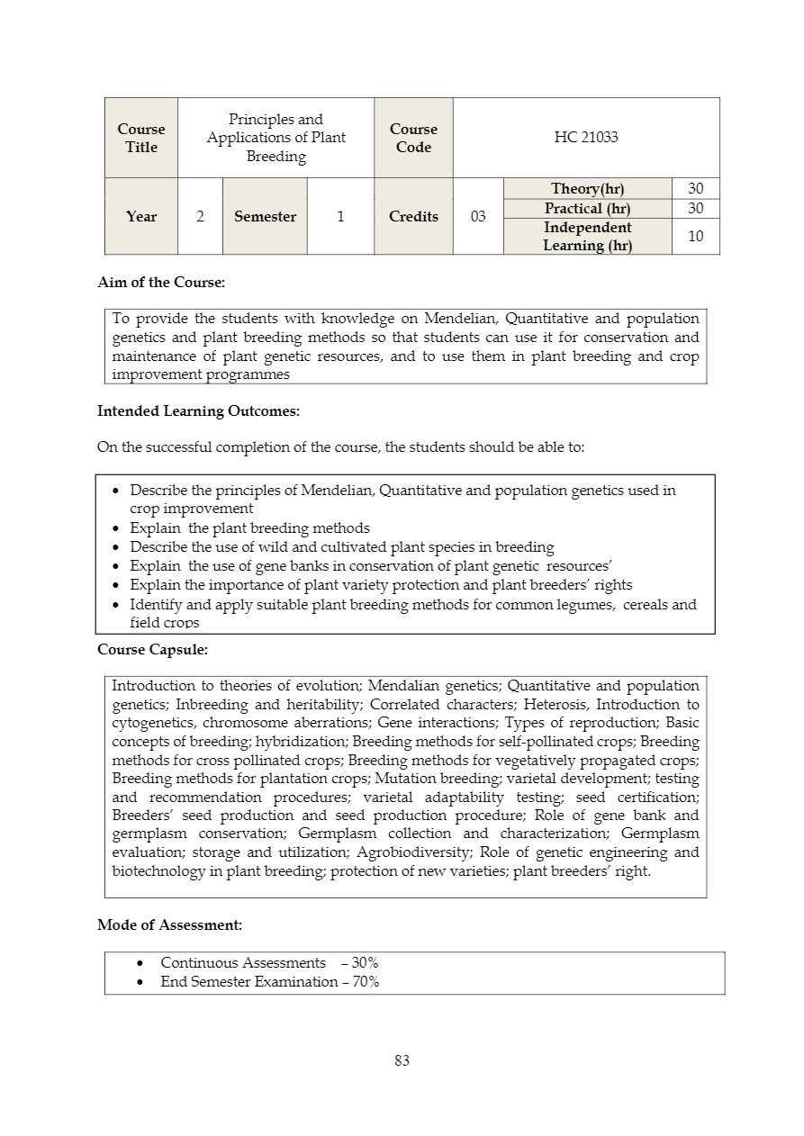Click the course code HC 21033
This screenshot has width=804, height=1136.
[586, 138]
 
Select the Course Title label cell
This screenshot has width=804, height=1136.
[141, 138]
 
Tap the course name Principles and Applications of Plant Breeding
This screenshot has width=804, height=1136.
[276, 138]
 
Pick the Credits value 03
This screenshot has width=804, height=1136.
[478, 217]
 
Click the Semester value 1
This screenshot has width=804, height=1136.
[340, 217]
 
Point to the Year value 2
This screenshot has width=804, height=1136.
[200, 217]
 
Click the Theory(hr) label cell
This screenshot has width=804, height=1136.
[587, 188]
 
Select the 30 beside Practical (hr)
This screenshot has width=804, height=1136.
[695, 208]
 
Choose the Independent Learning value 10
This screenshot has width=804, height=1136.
[695, 237]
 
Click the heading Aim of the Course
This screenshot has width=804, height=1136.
[161, 283]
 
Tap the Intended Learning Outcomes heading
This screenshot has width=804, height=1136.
[198, 411]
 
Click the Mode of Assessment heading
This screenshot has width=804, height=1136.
[169, 924]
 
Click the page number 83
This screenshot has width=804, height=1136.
[402, 1061]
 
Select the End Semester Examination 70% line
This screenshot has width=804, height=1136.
[269, 982]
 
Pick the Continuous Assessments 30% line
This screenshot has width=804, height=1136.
[269, 963]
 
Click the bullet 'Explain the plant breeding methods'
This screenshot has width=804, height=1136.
[249, 528]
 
